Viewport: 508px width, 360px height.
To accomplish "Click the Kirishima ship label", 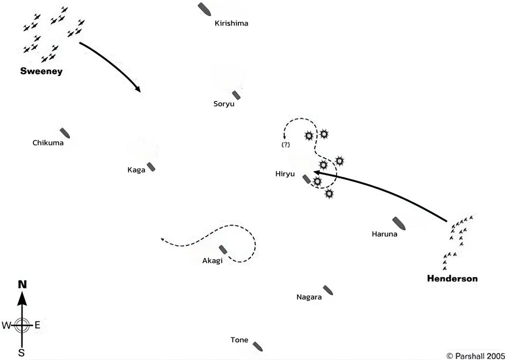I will tap(231, 23).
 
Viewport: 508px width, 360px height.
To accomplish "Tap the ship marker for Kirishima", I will tap(204, 8).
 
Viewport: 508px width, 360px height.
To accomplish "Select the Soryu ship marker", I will tap(236, 94).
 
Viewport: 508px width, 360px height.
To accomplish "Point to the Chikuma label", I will tap(48, 143).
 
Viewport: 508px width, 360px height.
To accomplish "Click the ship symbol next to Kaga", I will tap(151, 167).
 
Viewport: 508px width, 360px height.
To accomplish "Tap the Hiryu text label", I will tap(285, 174).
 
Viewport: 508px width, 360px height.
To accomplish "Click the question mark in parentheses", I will tap(286, 144).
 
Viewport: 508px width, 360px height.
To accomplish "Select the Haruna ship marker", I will tap(399, 223).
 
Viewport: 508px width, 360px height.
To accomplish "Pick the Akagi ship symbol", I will tap(223, 249).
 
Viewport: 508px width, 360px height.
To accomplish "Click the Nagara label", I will tap(309, 297).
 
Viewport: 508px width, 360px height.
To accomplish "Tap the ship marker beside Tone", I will tap(258, 345).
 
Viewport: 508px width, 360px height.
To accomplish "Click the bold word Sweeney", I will tap(41, 71).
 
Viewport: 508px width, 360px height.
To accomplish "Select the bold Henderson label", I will tap(452, 278).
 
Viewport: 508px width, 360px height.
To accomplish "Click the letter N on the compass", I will tap(22, 284).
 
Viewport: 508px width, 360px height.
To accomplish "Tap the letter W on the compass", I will tap(6, 325).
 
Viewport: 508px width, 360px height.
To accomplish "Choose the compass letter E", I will tap(37, 325).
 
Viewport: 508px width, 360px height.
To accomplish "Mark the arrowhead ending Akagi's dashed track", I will tap(163, 239).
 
